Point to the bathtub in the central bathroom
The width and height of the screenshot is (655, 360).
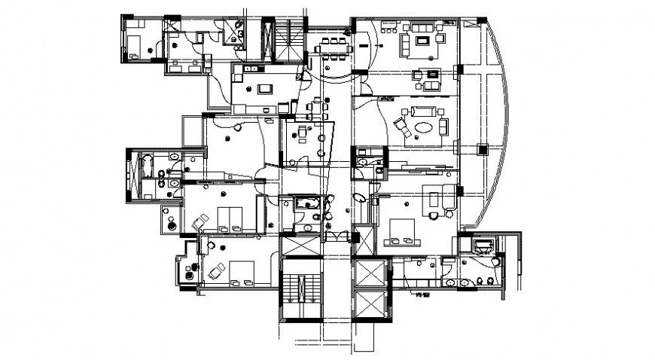[x=306, y=203]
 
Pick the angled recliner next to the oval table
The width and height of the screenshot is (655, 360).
[x=401, y=127]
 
